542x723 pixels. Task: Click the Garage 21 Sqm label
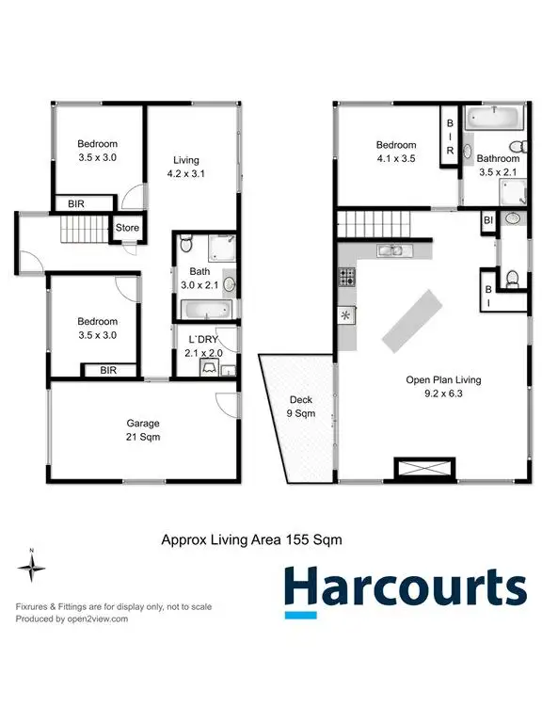(x=143, y=430)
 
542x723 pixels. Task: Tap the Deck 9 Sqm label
(x=300, y=406)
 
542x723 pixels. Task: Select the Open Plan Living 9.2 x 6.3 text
(x=442, y=387)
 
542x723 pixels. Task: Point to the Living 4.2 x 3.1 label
(x=185, y=167)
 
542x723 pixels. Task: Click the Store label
(x=127, y=227)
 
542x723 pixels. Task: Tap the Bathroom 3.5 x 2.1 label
(x=498, y=166)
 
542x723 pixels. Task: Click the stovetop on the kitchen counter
(x=345, y=278)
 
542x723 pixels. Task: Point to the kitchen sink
(x=391, y=250)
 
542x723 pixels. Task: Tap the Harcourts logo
(x=405, y=588)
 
